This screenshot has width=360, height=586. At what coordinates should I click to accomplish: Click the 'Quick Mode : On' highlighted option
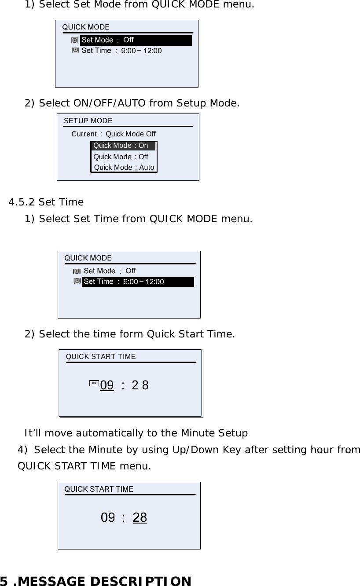click(123, 146)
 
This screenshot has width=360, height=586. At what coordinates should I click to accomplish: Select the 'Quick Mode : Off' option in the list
click(121, 157)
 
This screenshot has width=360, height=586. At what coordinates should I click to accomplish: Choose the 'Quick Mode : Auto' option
click(124, 167)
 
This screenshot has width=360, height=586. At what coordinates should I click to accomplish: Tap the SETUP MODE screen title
click(88, 121)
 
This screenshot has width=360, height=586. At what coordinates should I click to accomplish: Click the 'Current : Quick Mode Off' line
click(114, 134)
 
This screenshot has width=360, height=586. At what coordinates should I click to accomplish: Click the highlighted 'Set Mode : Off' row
click(136, 40)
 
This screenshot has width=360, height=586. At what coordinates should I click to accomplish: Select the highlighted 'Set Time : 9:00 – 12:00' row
click(138, 282)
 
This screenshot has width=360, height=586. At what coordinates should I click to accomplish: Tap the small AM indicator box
click(94, 383)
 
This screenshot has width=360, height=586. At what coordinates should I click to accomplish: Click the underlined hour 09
click(107, 385)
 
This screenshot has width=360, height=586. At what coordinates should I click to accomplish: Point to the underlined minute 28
click(140, 518)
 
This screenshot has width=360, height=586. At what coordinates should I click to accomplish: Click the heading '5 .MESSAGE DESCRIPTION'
click(96, 581)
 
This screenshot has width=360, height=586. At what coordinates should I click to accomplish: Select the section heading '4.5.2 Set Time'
click(46, 202)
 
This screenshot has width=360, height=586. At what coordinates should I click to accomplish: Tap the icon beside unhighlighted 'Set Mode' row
click(77, 271)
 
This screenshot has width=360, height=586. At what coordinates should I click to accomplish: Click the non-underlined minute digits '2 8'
click(140, 385)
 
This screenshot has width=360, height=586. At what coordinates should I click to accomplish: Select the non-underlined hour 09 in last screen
click(108, 518)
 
